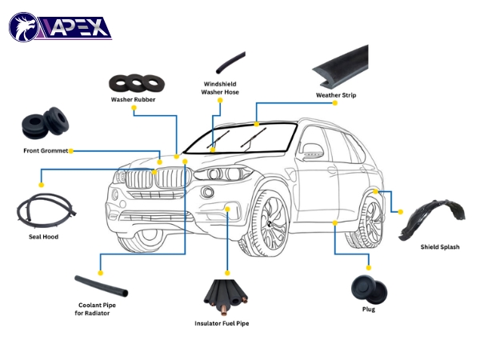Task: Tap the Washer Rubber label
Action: [x=134, y=100]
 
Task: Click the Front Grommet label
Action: [x=46, y=150]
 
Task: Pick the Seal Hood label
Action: [x=43, y=237]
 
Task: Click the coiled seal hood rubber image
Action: [x=43, y=210]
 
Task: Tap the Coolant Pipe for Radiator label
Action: [x=98, y=309]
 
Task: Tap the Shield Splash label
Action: [x=439, y=247]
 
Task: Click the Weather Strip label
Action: [x=336, y=95]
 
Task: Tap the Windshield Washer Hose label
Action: [x=219, y=87]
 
